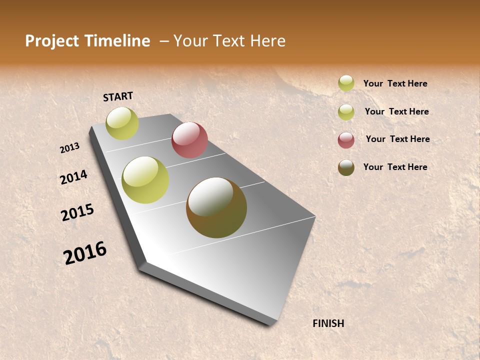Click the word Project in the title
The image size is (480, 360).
[51, 41]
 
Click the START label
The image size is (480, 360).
[118, 96]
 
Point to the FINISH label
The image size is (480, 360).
[328, 323]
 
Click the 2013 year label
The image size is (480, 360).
[69, 148]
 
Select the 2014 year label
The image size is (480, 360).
[73, 177]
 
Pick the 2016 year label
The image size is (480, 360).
[85, 253]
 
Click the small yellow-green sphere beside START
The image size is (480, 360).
[122, 123]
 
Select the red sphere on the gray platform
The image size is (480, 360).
[189, 140]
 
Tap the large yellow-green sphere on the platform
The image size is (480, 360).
[145, 180]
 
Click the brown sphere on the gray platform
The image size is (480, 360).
[216, 207]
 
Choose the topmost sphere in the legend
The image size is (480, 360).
[346, 83]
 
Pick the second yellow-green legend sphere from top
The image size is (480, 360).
[346, 111]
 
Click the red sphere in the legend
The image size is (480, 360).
[346, 140]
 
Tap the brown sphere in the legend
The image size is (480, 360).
[346, 167]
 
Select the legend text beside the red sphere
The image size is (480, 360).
[397, 139]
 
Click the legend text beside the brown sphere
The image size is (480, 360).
[395, 167]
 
